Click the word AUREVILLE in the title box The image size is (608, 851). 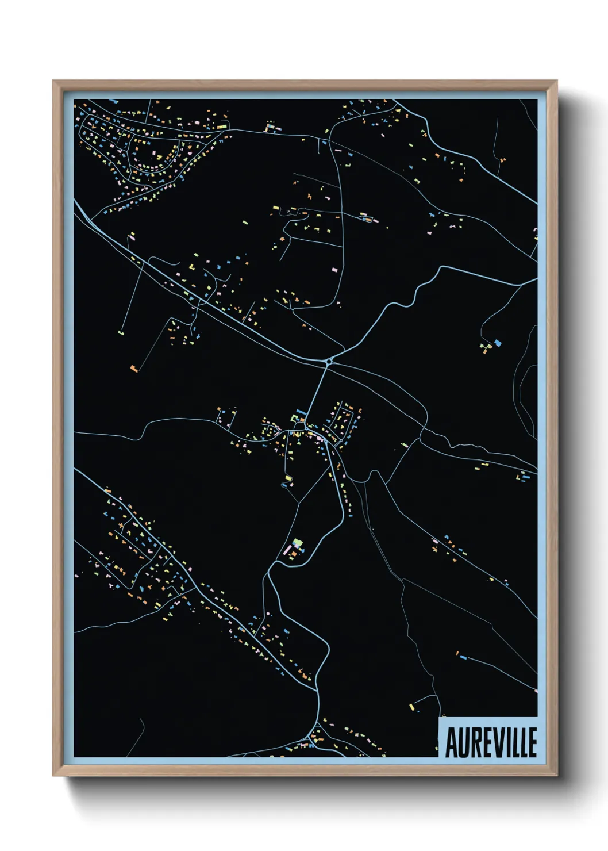[x=491, y=742]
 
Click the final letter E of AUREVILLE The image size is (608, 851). [x=532, y=742]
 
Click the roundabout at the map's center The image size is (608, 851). [x=329, y=362]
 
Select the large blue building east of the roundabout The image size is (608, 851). [x=498, y=343]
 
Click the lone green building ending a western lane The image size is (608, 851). [x=121, y=332]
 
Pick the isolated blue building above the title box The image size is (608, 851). [x=461, y=655]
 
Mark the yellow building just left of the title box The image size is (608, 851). [x=411, y=707]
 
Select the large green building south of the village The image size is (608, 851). [x=297, y=542]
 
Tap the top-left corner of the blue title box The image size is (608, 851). [x=438, y=717]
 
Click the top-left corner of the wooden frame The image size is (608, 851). [x=53, y=80]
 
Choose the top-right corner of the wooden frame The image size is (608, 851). [x=557, y=80]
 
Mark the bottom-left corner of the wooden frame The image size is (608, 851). [x=53, y=776]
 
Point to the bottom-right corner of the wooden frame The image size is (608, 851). [x=557, y=776]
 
